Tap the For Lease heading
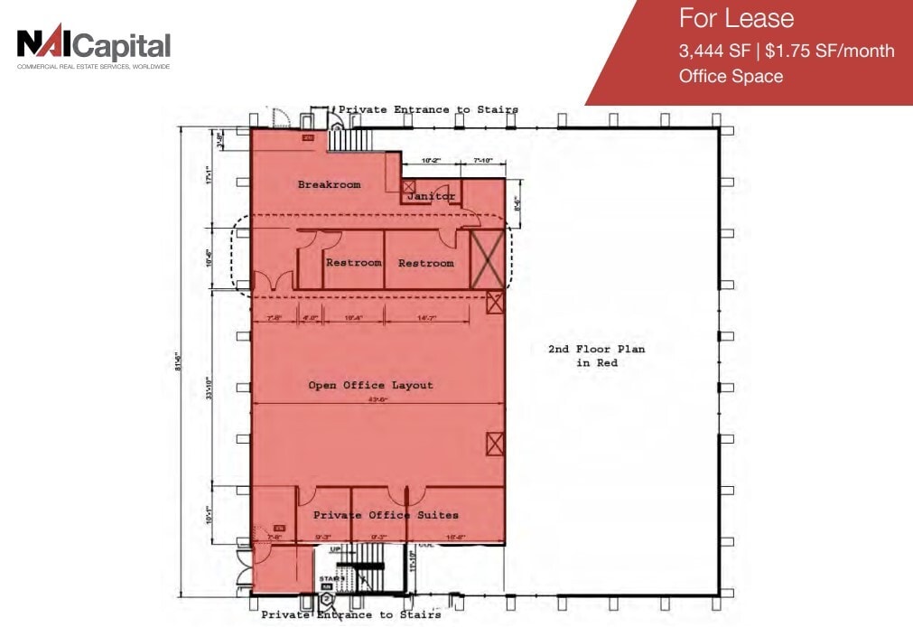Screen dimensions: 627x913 pyautogui.click(x=736, y=18)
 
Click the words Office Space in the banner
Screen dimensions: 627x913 pyautogui.click(x=731, y=76)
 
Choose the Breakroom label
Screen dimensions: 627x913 pyautogui.click(x=329, y=184)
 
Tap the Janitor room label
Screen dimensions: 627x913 pyautogui.click(x=431, y=196)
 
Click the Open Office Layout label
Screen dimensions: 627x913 pyautogui.click(x=370, y=385)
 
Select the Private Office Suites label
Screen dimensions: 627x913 pyautogui.click(x=386, y=515)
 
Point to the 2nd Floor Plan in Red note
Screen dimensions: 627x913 pyautogui.click(x=596, y=355)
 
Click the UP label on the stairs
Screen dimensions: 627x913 pyautogui.click(x=335, y=548)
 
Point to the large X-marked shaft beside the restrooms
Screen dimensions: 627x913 pyautogui.click(x=488, y=259)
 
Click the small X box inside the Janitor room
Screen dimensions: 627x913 pyautogui.click(x=408, y=186)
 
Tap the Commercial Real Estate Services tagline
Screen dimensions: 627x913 pyautogui.click(x=93, y=66)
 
